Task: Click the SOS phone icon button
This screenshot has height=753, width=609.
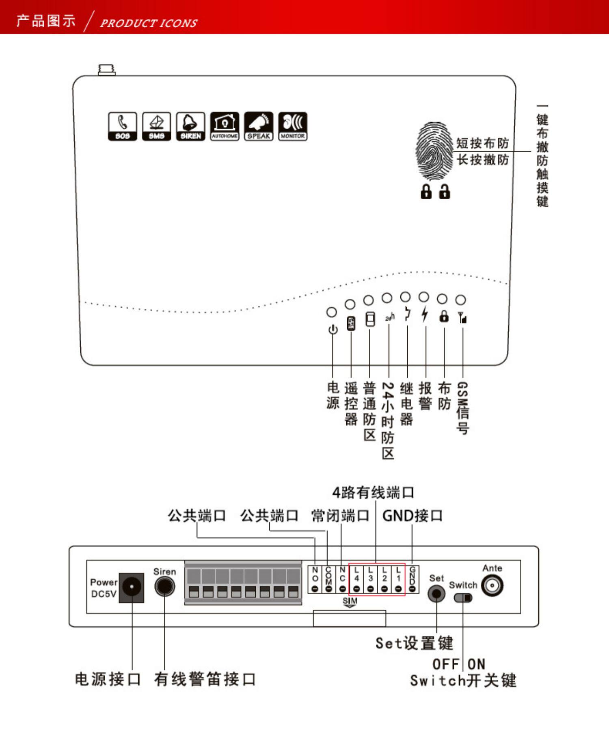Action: pyautogui.click(x=122, y=126)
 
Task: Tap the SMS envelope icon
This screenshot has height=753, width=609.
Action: pyautogui.click(x=156, y=126)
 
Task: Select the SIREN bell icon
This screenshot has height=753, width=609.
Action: pyautogui.click(x=190, y=126)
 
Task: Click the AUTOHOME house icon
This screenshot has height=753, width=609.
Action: pyautogui.click(x=225, y=126)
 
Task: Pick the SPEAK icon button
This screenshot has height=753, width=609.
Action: pyautogui.click(x=259, y=126)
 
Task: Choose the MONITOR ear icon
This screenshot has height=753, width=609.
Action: pyautogui.click(x=293, y=126)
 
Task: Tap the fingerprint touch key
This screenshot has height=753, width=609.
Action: pyautogui.click(x=434, y=151)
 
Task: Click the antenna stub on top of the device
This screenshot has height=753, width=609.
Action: pyautogui.click(x=107, y=69)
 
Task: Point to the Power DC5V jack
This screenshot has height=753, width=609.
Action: pyautogui.click(x=132, y=587)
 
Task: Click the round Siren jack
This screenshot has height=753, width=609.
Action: pyautogui.click(x=164, y=587)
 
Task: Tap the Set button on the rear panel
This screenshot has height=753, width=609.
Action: pyautogui.click(x=436, y=594)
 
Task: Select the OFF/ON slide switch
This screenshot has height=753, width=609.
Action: pyautogui.click(x=463, y=598)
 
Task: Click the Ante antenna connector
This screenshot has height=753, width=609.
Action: pyautogui.click(x=492, y=586)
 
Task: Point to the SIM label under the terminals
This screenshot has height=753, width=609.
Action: pyautogui.click(x=350, y=601)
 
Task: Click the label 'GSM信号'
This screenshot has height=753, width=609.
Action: pyautogui.click(x=462, y=408)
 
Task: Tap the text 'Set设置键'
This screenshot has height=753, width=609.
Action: pyautogui.click(x=414, y=643)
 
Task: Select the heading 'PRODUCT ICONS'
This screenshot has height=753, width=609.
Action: pyautogui.click(x=149, y=23)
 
